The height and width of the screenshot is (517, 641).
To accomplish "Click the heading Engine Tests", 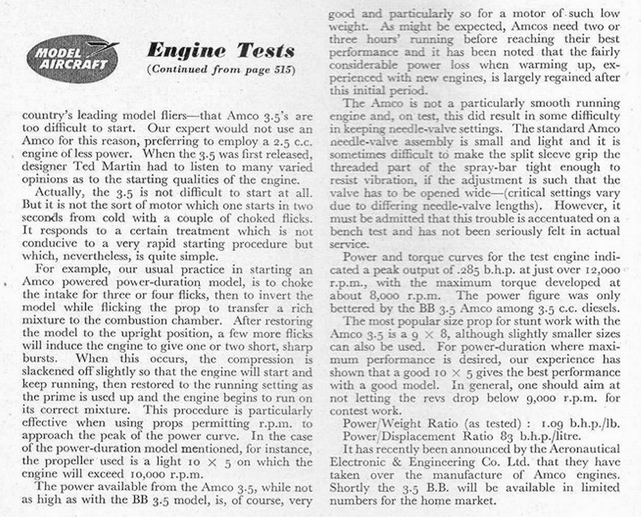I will click(221, 50).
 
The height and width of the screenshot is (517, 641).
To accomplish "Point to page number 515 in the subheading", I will click(281, 69).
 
